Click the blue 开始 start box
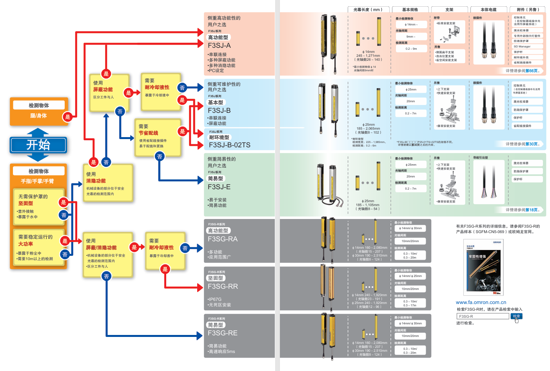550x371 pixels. click(38, 145)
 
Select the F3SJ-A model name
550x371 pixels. click(219, 45)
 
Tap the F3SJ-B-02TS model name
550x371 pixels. click(229, 145)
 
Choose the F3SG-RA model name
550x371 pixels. click(222, 239)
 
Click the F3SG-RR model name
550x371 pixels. click(223, 286)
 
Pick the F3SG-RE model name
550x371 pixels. click(222, 333)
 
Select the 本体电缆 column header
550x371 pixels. click(488, 9)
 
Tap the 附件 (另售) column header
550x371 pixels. click(528, 9)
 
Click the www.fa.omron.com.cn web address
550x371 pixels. click(481, 302)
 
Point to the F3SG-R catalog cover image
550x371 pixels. click(483, 267)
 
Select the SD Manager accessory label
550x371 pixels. click(522, 46)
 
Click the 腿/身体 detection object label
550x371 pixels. click(38, 116)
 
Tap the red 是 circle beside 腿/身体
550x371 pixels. click(67, 117)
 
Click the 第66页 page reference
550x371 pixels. click(532, 71)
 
